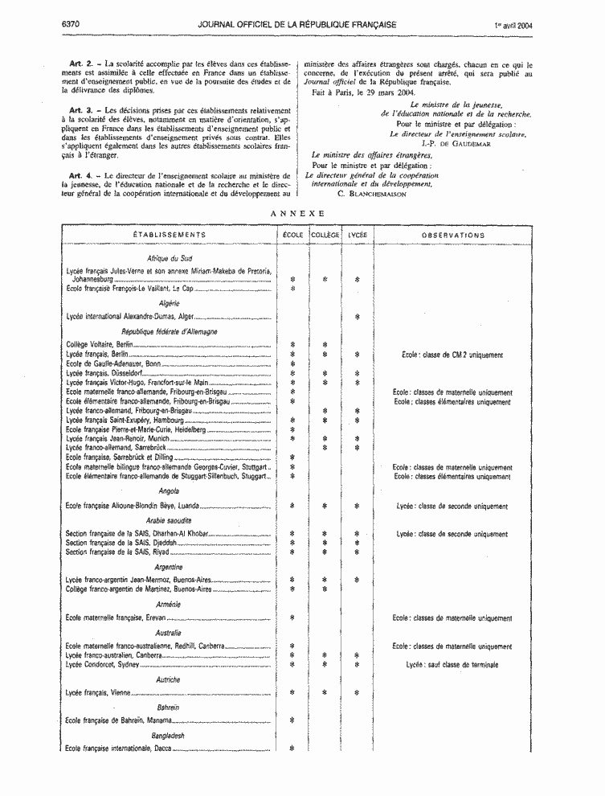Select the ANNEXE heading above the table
click(x=297, y=213)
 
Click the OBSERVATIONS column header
click(x=453, y=236)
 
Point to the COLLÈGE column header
click(x=325, y=235)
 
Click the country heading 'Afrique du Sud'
click(x=169, y=258)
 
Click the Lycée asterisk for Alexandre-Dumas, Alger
click(x=357, y=317)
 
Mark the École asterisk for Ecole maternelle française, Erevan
click(x=292, y=618)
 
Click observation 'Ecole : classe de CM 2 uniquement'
click(x=452, y=355)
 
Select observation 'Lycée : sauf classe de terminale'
click(x=452, y=665)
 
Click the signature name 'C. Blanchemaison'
click(x=373, y=193)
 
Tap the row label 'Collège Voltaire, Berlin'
click(x=99, y=345)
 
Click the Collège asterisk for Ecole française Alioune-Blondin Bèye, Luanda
click(x=325, y=507)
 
